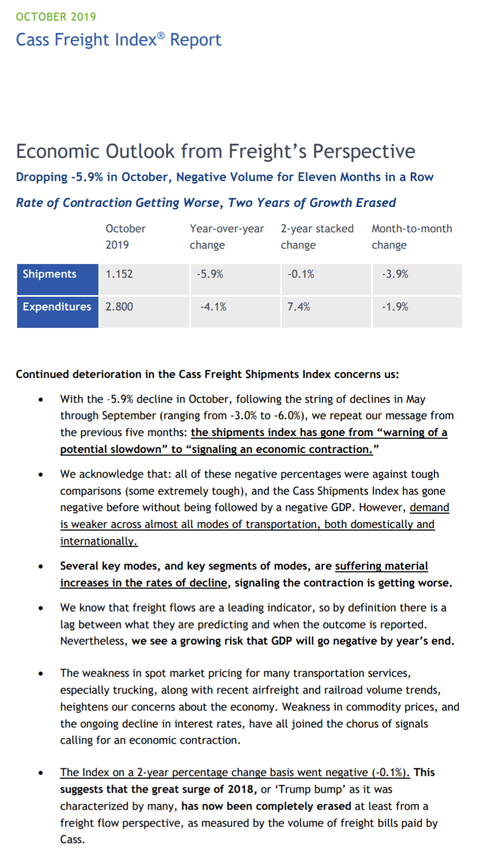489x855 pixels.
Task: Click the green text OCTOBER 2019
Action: [56, 17]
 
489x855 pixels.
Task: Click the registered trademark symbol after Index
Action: [161, 35]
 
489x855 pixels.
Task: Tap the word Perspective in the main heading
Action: [364, 151]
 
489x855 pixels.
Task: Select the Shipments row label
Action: [50, 274]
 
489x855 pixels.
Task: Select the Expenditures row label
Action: [57, 307]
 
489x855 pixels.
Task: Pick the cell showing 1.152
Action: [119, 274]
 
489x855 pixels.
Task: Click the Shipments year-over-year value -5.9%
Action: [210, 274]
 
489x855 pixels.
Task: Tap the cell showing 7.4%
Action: [298, 307]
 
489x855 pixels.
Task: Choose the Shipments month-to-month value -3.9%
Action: [395, 274]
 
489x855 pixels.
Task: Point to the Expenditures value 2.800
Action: [119, 307]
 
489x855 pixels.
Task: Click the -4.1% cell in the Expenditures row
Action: [213, 307]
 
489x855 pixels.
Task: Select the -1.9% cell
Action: [395, 307]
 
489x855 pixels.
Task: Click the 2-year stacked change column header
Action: [317, 236]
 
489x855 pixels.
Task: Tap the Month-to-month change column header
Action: [411, 236]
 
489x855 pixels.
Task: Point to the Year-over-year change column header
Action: [227, 236]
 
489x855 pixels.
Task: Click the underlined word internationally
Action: [98, 541]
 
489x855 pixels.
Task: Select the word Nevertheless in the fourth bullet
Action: [93, 641]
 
